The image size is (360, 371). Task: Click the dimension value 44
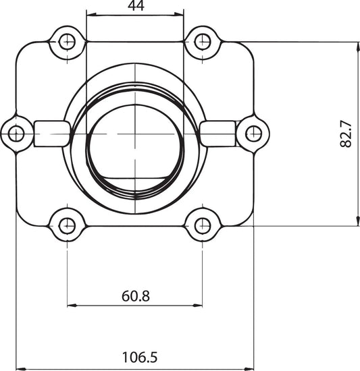(136, 5)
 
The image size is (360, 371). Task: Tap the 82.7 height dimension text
(346, 134)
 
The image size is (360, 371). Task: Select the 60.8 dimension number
(136, 296)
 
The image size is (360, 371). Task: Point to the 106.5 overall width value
(140, 358)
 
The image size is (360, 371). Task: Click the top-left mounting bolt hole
(68, 42)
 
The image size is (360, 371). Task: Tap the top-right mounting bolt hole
(202, 42)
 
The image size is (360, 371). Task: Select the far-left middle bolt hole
(16, 134)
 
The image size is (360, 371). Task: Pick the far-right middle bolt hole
(254, 134)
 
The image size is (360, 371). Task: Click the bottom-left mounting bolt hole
(68, 226)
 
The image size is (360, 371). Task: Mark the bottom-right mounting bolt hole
(202, 226)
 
